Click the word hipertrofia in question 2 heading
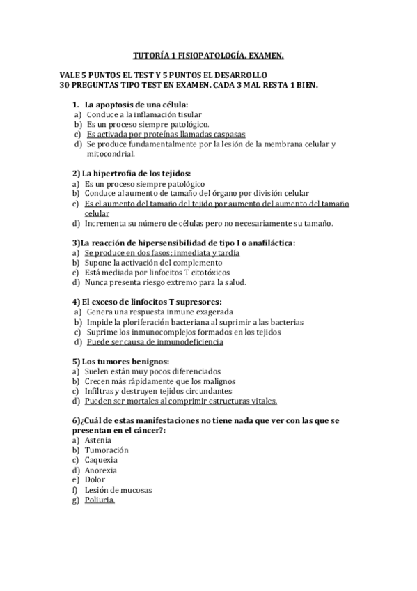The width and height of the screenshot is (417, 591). click(x=117, y=174)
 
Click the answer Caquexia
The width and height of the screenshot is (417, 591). click(x=101, y=460)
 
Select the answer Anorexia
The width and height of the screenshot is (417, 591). click(x=101, y=470)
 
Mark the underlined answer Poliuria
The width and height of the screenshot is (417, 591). click(x=100, y=500)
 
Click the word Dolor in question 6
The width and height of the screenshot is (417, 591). click(x=95, y=479)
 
